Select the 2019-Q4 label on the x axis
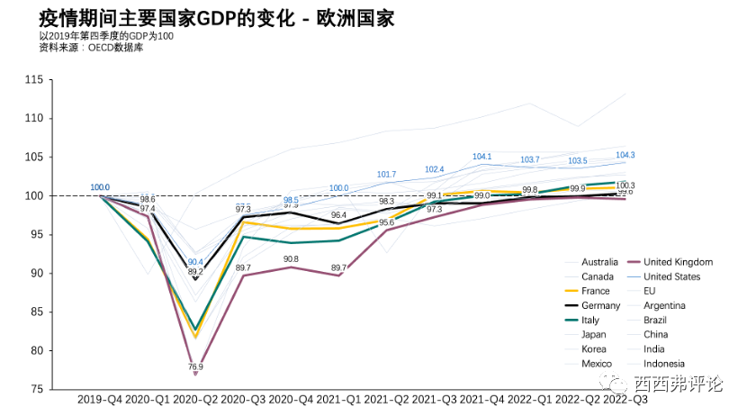[x=100, y=398]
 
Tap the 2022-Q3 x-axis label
[x=625, y=398]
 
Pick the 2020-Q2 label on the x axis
[x=195, y=398]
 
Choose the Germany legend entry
[x=600, y=305]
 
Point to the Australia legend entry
[x=599, y=262]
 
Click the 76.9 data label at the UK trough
[x=195, y=367]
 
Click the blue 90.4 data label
[x=194, y=262]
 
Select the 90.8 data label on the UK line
[x=291, y=259]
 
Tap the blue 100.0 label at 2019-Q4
[x=100, y=187]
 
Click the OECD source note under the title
[x=92, y=48]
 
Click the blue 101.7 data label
[x=386, y=175]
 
